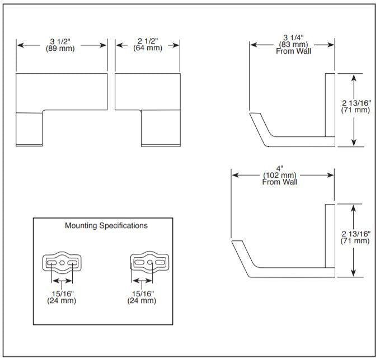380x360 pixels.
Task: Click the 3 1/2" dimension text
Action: click(x=62, y=41)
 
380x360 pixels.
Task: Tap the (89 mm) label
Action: click(x=62, y=49)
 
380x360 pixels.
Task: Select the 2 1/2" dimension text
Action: click(x=148, y=41)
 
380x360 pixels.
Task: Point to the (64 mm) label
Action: click(x=148, y=49)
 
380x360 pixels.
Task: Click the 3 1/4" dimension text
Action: click(x=293, y=37)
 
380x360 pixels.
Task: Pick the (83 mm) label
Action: click(x=293, y=45)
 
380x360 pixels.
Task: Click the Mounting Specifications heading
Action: click(x=106, y=226)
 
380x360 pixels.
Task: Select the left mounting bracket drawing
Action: click(x=62, y=262)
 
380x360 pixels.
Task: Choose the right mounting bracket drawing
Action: click(x=149, y=262)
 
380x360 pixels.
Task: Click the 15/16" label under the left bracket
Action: click(x=62, y=293)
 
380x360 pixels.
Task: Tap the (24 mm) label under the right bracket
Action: click(x=142, y=301)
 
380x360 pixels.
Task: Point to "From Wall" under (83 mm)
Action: click(x=293, y=51)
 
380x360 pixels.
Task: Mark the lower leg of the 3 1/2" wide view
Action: click(x=29, y=129)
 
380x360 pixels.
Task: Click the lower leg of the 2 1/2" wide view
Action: click(x=160, y=128)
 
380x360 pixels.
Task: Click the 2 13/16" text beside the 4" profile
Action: click(x=355, y=234)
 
